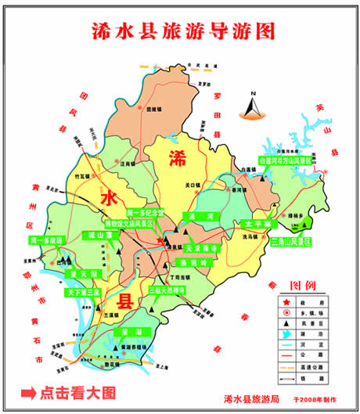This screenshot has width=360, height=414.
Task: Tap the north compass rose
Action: coord(253,103)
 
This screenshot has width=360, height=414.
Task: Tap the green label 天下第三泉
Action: coord(83,291)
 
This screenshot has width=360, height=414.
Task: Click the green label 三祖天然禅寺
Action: coord(167,290)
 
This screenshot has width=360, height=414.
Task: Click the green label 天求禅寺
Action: coord(193,247)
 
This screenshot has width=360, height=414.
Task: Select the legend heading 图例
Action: coord(303,284)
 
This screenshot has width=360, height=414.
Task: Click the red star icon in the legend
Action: coord(285,301)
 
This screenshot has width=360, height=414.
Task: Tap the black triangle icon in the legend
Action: coord(285,322)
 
